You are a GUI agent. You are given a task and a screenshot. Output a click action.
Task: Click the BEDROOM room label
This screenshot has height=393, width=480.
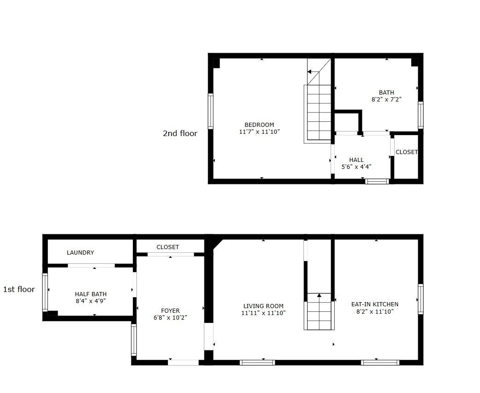coord(259,125)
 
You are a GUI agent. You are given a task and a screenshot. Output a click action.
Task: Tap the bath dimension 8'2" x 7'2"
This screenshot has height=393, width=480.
coord(386,99)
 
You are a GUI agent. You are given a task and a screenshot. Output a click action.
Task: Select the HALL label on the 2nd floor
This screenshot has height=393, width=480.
coord(356,160)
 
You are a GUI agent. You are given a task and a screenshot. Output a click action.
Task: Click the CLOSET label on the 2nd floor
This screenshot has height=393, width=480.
coord(406,152)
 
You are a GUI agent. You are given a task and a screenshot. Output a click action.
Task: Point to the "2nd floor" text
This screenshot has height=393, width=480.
coord(180,133)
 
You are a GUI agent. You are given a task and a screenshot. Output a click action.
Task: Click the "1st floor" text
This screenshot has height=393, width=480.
coord(19,289)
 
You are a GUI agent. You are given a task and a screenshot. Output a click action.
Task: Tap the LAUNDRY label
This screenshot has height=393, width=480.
coord(80,252)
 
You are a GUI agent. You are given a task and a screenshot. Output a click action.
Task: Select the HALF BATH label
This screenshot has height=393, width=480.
coord(90,294)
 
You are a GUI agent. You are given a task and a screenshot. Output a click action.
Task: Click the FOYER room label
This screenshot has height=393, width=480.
coord(170,310)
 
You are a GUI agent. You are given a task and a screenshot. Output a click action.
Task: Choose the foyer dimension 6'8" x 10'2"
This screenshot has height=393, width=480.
coord(170,317)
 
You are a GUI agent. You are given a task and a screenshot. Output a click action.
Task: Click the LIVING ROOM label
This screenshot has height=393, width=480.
coord(263,306)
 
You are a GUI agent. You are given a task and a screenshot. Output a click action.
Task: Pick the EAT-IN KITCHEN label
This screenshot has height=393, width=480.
coord(374,304)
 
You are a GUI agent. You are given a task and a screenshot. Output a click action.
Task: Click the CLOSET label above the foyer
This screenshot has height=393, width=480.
coord(167,247)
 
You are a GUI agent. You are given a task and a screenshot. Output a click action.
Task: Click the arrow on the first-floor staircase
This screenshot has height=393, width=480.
coord(319,295)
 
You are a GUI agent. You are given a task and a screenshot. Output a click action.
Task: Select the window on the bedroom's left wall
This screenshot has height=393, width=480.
coord(211,111)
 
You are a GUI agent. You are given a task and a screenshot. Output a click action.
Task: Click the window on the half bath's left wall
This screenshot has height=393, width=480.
coord(45,292)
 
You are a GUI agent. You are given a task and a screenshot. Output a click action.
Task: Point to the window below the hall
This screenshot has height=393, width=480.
coord(377,181)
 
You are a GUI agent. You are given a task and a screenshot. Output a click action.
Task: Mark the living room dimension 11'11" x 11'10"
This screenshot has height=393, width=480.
coord(263,313)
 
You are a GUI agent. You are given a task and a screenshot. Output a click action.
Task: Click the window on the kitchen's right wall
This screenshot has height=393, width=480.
coord(421,299)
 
